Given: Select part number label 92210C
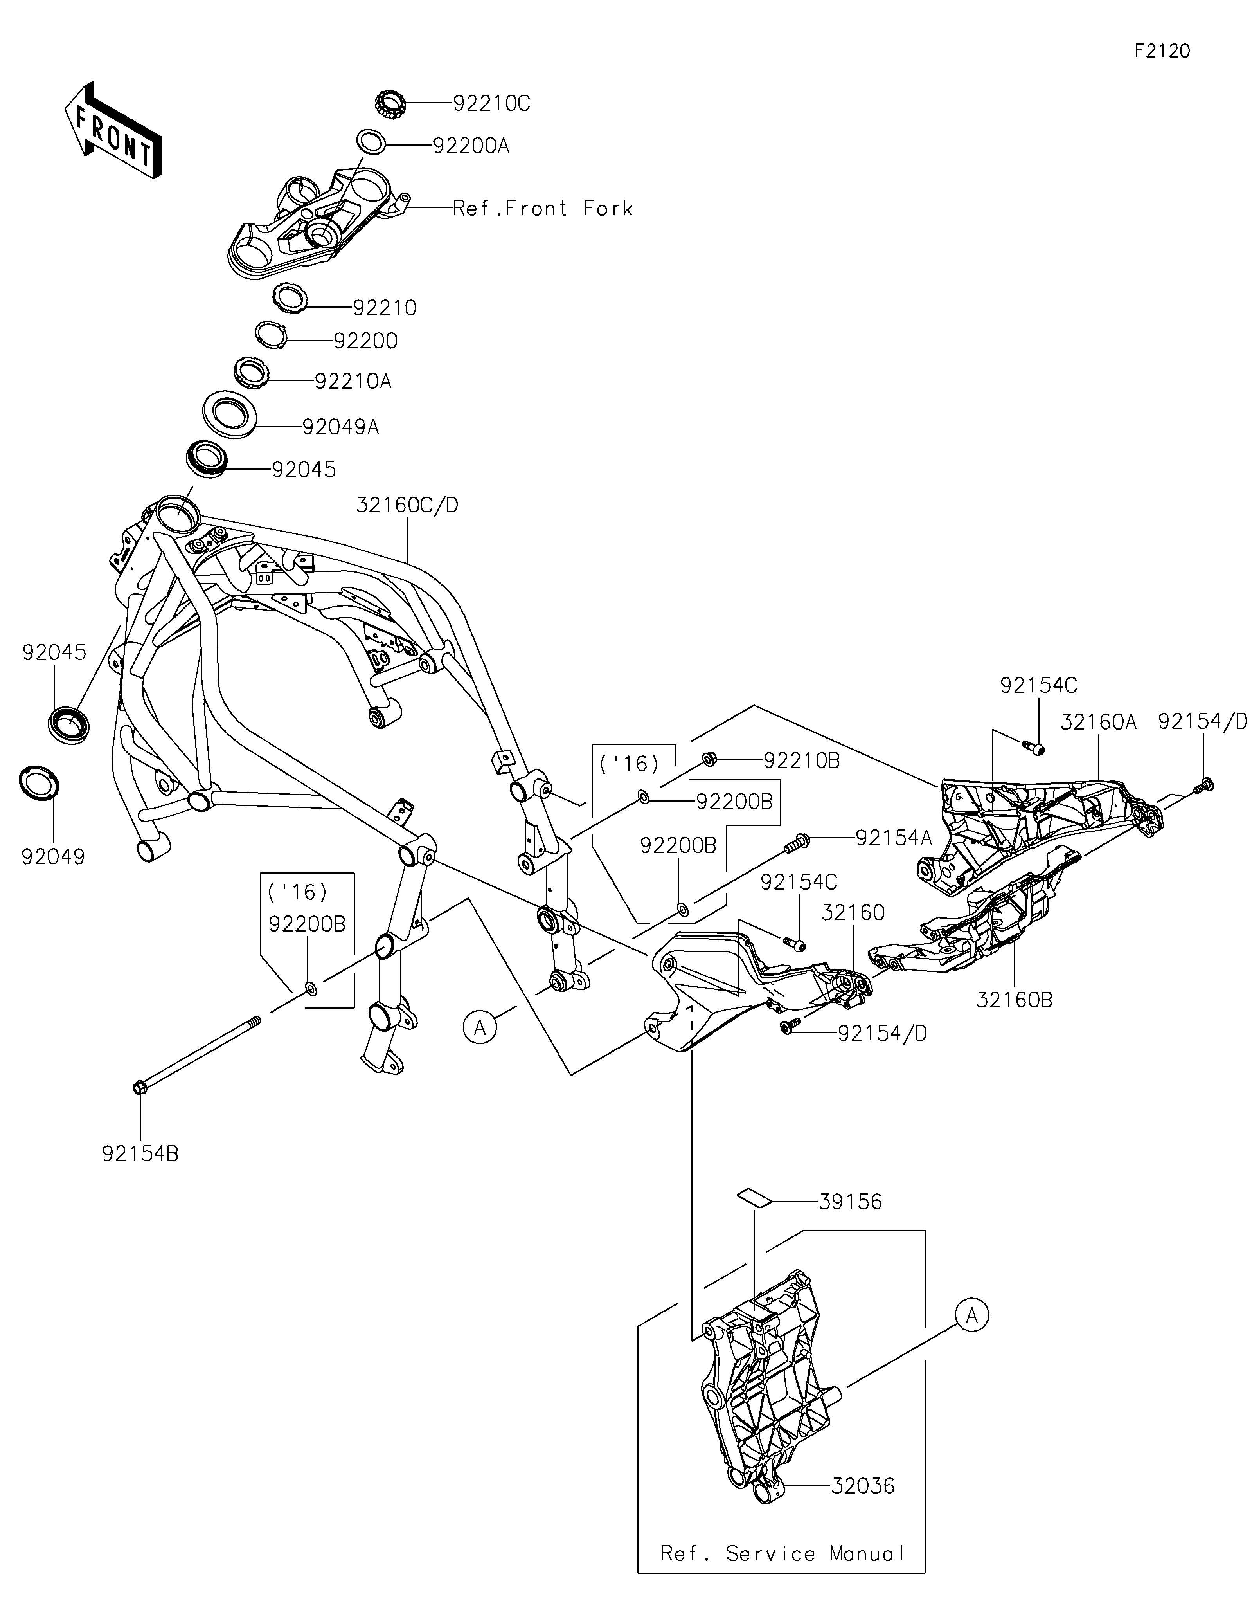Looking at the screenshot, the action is tap(492, 104).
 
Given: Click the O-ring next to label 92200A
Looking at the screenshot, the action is tap(370, 141).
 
